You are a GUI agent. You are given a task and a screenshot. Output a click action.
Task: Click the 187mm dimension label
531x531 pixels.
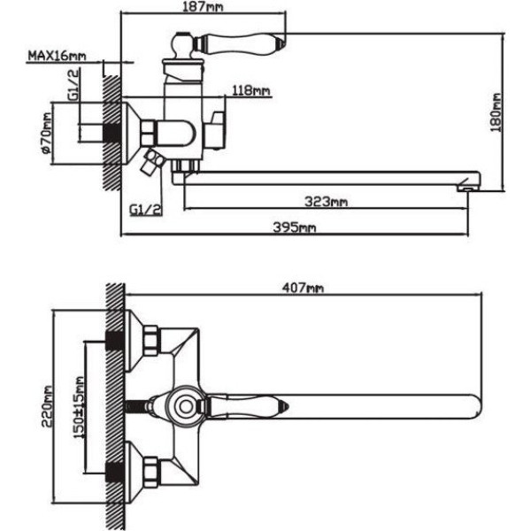tap(203, 7)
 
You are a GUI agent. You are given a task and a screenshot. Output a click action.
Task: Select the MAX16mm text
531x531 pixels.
tap(57, 56)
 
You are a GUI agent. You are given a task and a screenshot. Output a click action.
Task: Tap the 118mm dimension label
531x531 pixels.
tap(251, 90)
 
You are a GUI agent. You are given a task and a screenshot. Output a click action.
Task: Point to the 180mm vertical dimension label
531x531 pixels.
tap(496, 112)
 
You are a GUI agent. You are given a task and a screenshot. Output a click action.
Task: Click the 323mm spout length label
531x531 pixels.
tap(326, 202)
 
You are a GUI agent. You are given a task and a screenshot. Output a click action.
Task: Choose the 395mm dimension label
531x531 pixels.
tap(295, 227)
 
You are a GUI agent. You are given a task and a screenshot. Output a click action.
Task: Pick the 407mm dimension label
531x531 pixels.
tap(303, 289)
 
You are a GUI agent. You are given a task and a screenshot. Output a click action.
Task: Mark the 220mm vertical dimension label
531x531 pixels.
tap(47, 406)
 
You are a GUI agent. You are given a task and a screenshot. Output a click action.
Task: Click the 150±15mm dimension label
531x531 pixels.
tap(79, 407)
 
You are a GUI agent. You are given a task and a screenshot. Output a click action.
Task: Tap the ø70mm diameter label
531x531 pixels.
tap(47, 133)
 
